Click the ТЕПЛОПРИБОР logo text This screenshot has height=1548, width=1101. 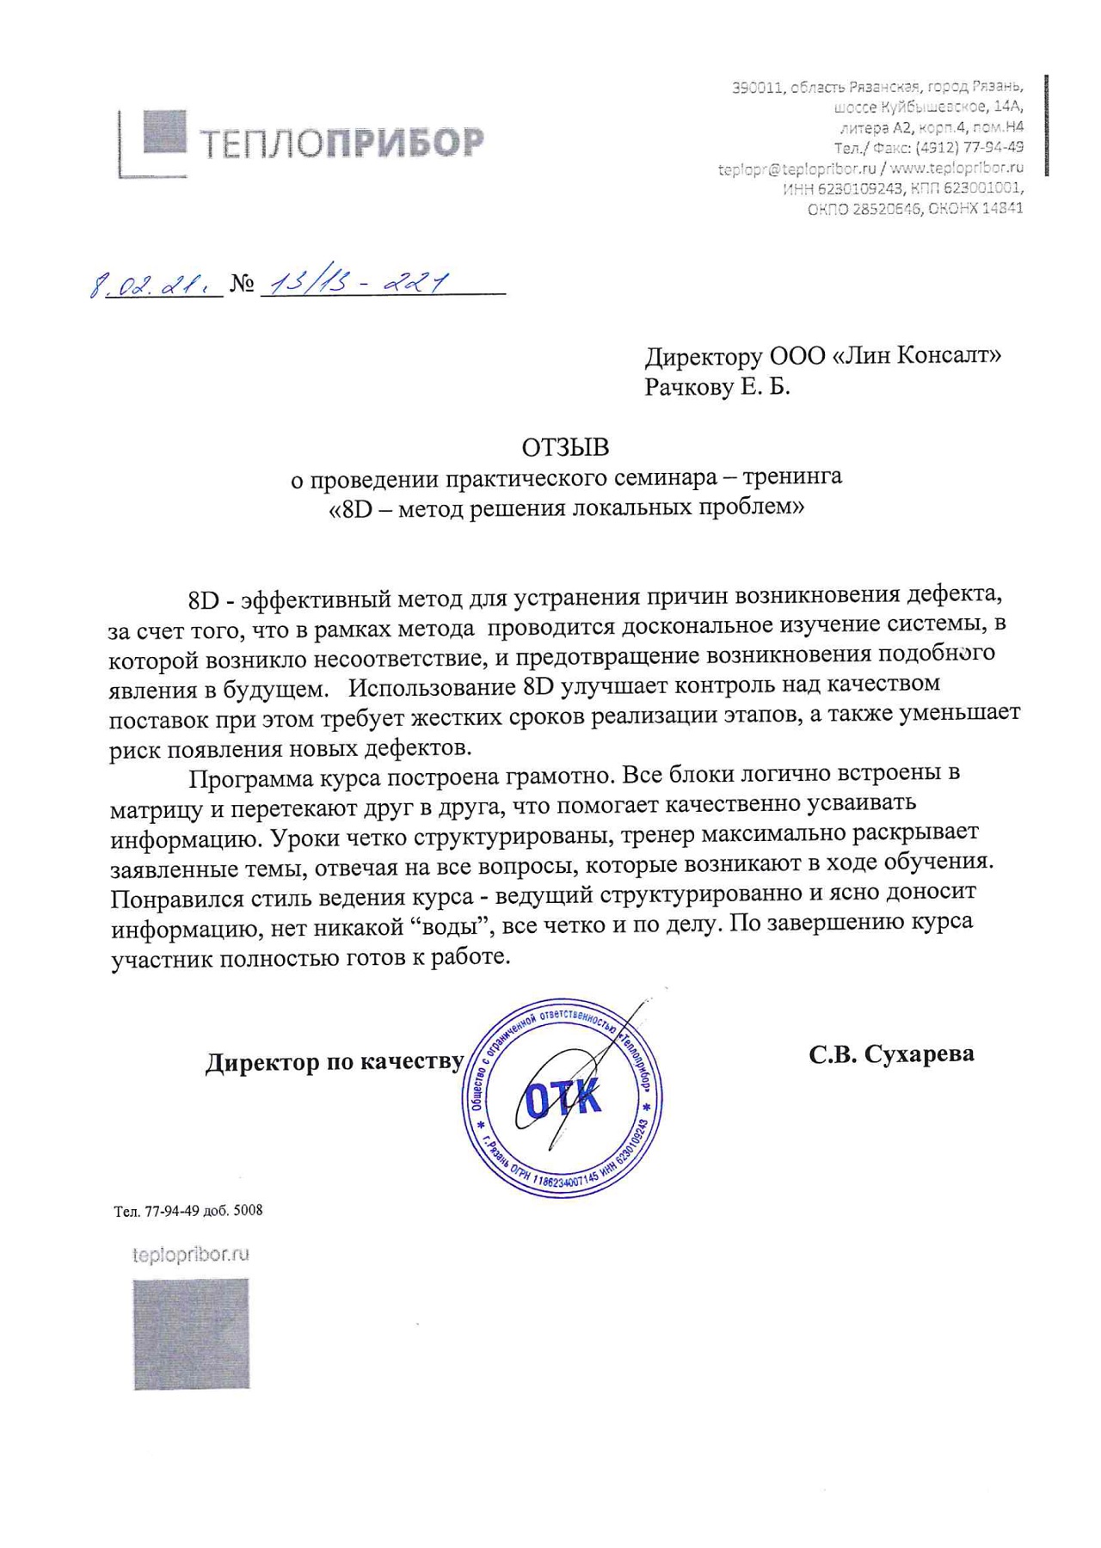point(341,143)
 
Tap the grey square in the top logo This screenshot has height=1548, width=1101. point(163,132)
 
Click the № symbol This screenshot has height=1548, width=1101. point(242,285)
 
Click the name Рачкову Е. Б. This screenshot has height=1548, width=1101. point(717,387)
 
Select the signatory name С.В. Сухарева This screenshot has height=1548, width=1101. point(891,1054)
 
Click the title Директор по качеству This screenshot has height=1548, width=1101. point(335,1063)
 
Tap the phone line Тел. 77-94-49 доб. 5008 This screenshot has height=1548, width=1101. point(188,1211)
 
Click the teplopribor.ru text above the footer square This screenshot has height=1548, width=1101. point(191,1255)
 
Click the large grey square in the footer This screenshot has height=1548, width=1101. point(191,1334)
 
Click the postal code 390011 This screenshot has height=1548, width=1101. point(757,88)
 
